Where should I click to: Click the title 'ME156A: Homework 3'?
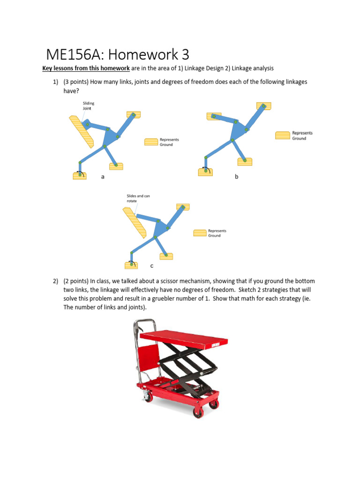pos(117,54)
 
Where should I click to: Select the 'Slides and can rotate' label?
pos(138,198)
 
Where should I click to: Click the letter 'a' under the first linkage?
pos(102,177)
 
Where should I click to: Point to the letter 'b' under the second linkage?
pos(237,177)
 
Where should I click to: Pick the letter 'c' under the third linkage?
pos(151,266)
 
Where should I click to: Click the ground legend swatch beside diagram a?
pos(151,142)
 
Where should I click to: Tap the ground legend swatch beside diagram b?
pos(283,135)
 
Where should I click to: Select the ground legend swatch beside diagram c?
pos(200,233)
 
